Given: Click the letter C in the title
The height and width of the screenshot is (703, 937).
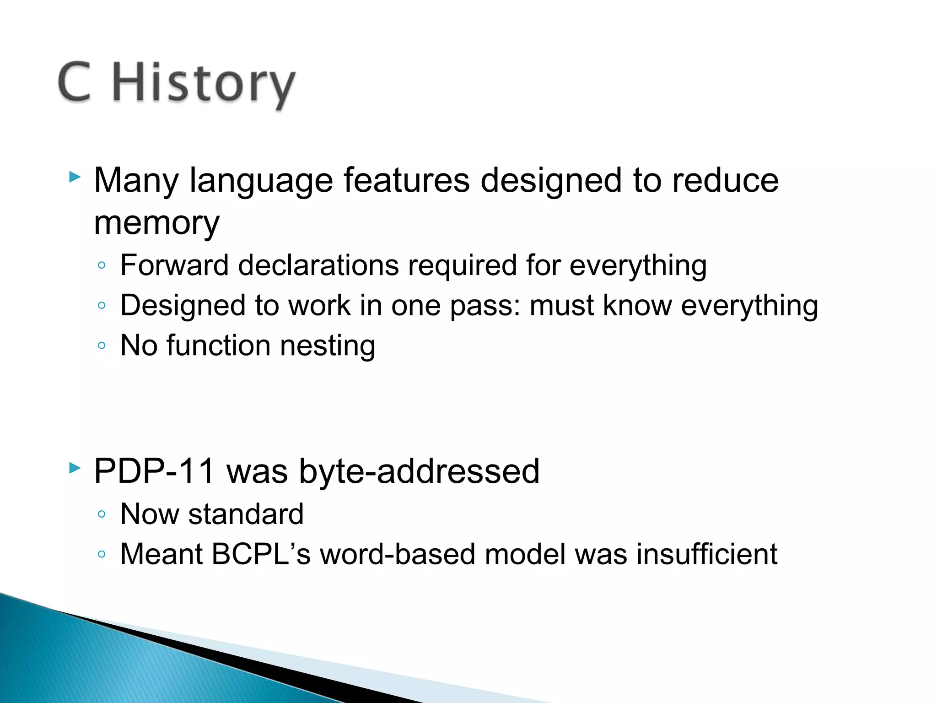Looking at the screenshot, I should tap(75, 82).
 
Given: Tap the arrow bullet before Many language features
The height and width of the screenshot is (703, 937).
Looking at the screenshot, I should tap(75, 177).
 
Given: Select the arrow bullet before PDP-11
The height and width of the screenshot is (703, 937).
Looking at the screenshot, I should tap(75, 468).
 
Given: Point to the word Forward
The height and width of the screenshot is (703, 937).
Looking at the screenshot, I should tap(174, 265).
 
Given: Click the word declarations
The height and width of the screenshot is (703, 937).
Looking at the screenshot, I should tap(318, 265).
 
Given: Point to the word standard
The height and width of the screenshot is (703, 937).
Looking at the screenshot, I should tap(246, 514).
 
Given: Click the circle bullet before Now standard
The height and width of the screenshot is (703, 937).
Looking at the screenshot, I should tap(102, 514).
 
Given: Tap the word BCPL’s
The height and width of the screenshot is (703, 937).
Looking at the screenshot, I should tap(261, 554).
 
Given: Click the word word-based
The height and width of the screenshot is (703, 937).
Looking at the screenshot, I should tap(397, 554).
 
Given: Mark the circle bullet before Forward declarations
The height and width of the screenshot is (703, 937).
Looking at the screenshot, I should tap(102, 265).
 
